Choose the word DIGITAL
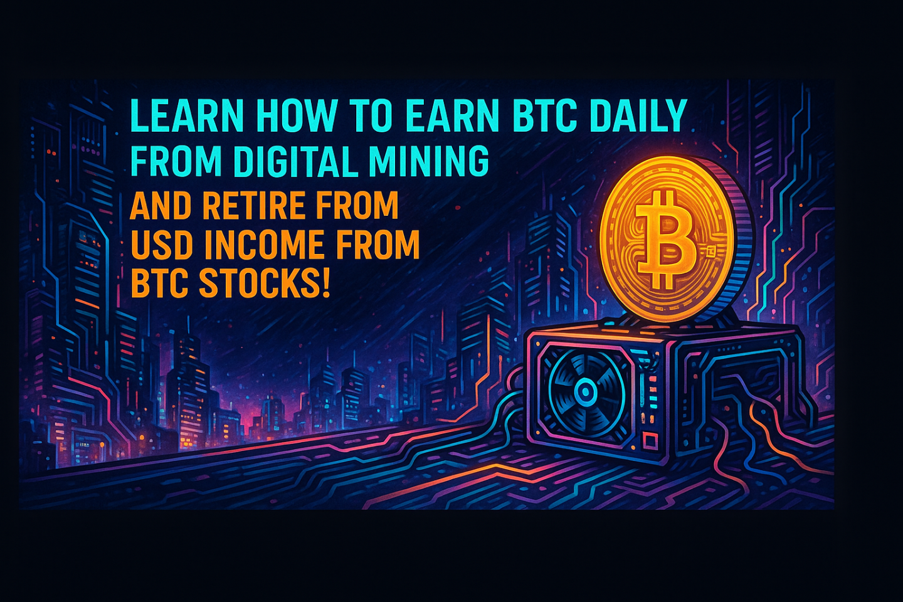point(295,161)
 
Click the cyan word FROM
point(177,161)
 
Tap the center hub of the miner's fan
point(584,390)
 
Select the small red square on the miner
point(650,440)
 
